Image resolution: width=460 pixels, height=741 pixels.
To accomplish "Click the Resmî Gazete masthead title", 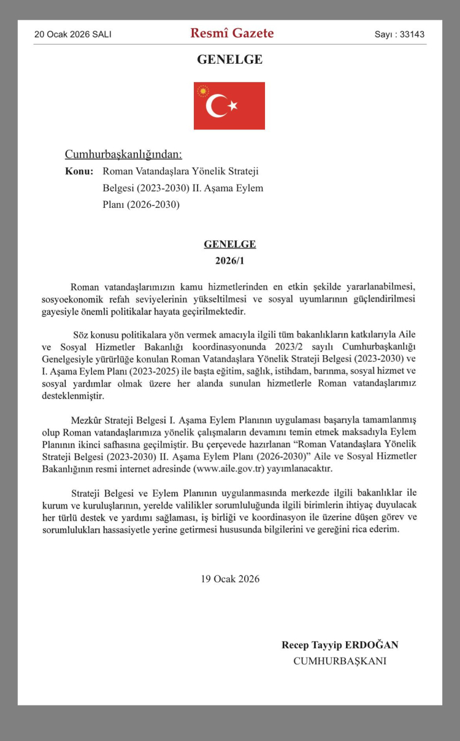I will point(232,33).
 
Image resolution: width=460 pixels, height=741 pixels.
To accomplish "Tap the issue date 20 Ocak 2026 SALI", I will point(73,34).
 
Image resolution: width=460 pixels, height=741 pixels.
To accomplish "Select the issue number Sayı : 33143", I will point(399,34).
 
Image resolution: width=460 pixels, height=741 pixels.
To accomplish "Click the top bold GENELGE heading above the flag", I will point(229,60).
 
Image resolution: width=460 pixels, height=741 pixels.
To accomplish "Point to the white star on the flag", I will point(232,106).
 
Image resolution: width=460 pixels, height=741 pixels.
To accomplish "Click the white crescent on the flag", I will point(217,106).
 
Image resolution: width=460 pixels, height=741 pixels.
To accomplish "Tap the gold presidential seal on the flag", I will point(202,91).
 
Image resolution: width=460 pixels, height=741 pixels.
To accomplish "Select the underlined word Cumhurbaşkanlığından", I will point(123,154).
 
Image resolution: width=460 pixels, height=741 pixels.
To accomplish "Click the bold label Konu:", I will point(79,171).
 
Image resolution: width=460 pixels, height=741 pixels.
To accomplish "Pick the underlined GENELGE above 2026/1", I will point(229,244).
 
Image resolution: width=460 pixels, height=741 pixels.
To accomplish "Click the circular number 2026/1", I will point(229,261).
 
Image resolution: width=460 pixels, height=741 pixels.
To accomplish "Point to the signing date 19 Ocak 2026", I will point(230,578).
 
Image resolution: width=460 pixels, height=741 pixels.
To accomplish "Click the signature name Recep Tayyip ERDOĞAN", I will point(340,645).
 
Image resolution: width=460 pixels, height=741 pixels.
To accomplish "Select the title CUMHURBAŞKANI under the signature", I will point(340,661).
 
